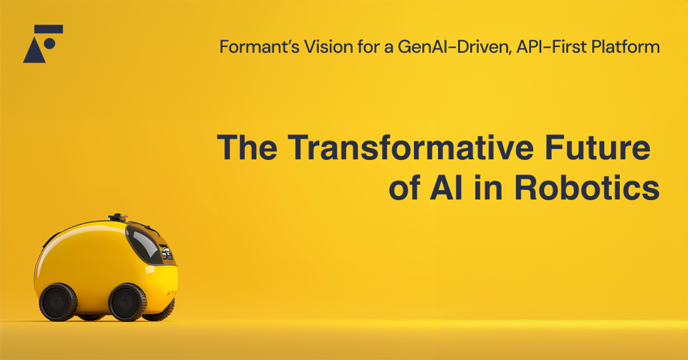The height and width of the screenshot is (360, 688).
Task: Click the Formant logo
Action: [43, 44]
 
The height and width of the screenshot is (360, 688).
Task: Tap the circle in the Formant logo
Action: [49, 44]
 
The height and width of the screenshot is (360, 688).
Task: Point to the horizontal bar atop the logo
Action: [49, 29]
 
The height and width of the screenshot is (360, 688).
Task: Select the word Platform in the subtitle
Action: [626, 46]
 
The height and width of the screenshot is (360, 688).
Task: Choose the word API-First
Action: [552, 46]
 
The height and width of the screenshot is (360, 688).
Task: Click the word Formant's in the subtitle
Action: [259, 46]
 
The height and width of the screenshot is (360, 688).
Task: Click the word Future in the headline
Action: [597, 147]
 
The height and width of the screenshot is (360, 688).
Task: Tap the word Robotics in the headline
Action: [587, 187]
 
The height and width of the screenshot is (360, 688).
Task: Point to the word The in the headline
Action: [247, 147]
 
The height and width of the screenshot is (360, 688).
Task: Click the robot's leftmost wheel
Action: [58, 302]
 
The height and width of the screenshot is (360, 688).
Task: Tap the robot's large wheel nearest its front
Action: [127, 302]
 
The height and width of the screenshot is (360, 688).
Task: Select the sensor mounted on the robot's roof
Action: [118, 217]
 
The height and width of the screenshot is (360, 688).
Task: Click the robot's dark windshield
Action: [144, 244]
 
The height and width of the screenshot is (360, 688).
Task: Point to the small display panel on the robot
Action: [165, 252]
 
